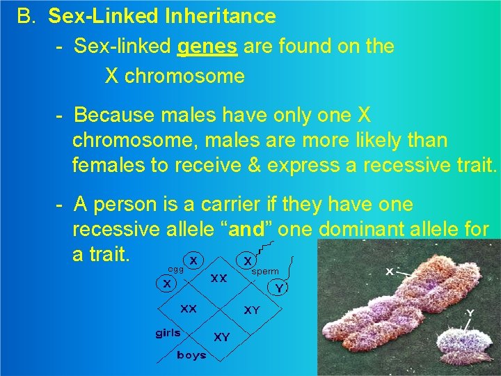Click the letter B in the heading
click(x=26, y=15)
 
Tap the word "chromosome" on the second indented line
click(x=175, y=76)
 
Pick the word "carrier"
click(x=230, y=205)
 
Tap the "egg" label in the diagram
click(x=175, y=269)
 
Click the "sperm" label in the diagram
click(x=265, y=271)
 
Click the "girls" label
click(x=168, y=333)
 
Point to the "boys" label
click(x=191, y=355)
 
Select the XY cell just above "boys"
click(x=222, y=337)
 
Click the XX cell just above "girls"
click(x=189, y=308)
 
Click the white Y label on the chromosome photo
click(x=470, y=313)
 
